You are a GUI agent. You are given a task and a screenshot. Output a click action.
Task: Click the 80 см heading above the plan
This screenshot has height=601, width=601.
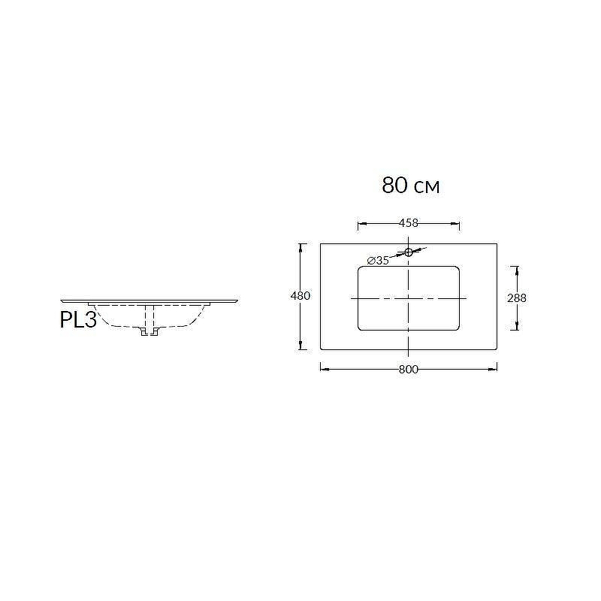pyautogui.click(x=410, y=186)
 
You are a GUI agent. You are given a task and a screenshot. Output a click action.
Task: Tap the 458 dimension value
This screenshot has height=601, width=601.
pyautogui.click(x=409, y=222)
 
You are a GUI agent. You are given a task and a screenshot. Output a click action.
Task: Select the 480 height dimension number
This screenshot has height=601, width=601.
pyautogui.click(x=300, y=296)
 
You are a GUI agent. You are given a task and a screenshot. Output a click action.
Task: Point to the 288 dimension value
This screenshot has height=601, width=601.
pyautogui.click(x=517, y=297)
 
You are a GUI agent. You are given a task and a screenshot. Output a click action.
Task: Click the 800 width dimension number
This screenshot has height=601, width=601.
pyautogui.click(x=409, y=369)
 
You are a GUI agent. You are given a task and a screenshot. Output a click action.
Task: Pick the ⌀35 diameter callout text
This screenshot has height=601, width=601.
pyautogui.click(x=378, y=261)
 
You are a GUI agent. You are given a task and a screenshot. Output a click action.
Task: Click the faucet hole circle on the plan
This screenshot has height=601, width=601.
pyautogui.click(x=409, y=252)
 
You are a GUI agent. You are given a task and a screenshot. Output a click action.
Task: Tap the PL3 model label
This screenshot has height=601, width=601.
pyautogui.click(x=78, y=320)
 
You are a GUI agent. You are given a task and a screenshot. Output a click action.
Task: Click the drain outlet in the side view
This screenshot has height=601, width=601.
pyautogui.click(x=149, y=332)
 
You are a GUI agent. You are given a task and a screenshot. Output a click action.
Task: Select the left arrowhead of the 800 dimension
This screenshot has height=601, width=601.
pyautogui.click(x=325, y=369)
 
